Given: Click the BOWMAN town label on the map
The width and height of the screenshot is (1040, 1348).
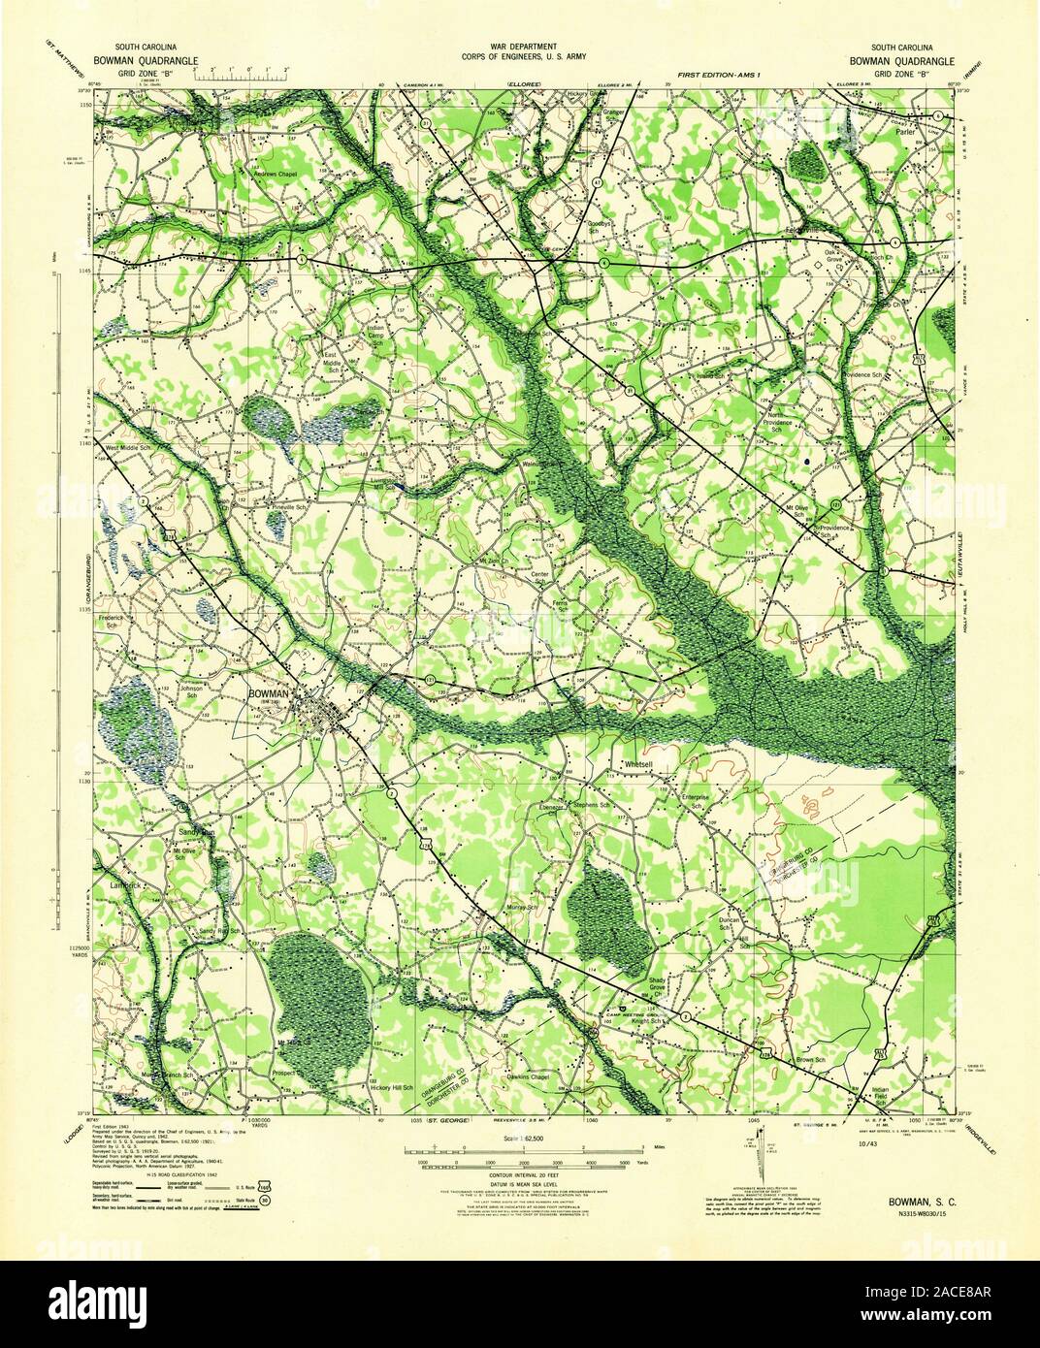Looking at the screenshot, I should pos(268,694).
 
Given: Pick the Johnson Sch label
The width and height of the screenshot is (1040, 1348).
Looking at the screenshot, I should pos(191,692).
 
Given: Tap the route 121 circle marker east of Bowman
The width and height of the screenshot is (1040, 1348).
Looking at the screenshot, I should pos(429,681).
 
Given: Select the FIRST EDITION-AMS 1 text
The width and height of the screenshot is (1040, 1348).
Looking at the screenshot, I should pos(719,74).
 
